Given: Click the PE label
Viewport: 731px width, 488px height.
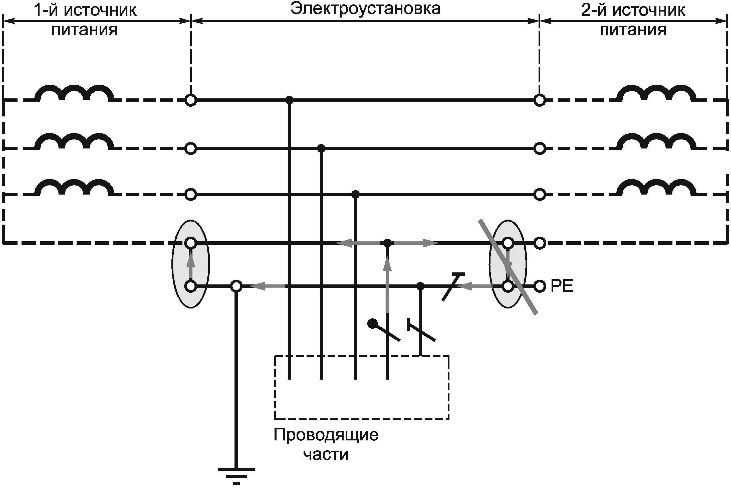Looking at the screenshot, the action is pos(562,286).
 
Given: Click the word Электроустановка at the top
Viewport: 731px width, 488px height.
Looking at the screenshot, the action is pos(365,9).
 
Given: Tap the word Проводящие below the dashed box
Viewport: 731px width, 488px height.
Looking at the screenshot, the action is pos(326,434).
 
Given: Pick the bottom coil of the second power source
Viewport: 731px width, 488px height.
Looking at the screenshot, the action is pos(656,187).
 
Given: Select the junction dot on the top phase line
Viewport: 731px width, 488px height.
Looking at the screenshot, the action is pos(289,100).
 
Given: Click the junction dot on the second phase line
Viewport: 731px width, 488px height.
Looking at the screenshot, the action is pos(321,148).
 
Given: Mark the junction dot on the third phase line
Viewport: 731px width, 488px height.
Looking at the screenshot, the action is pos(356,195).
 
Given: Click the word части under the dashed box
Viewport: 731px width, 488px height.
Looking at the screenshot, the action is pos(326,455).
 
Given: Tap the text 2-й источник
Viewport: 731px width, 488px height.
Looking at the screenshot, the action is pos(633,10).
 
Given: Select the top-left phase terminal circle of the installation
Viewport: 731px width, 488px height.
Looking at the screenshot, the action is pos(191,100).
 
